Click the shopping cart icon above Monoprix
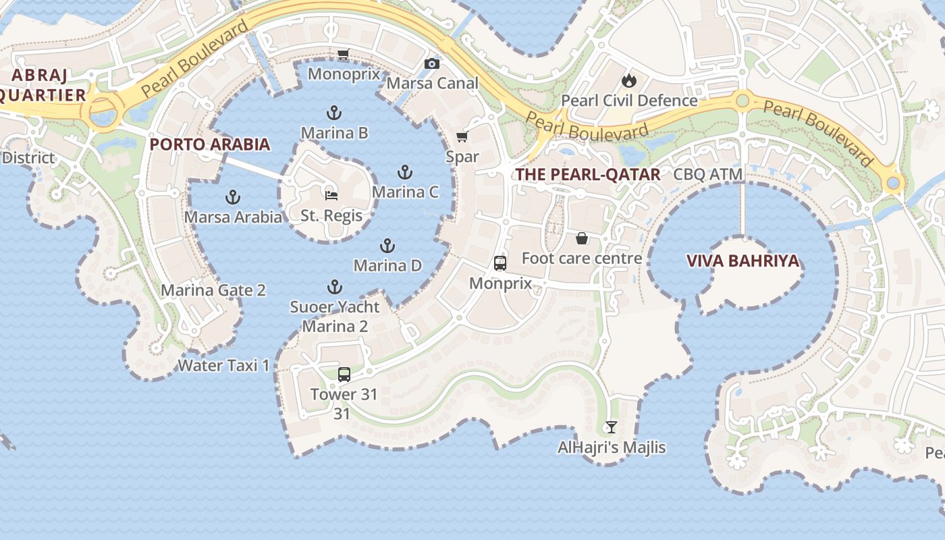[343, 54]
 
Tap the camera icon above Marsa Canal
[432, 63]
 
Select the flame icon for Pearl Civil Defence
[629, 80]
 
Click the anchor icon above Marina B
[334, 112]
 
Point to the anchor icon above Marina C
[405, 171]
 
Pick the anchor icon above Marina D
[387, 245]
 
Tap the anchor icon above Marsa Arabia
[233, 197]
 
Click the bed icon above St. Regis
[331, 195]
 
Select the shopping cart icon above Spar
[462, 137]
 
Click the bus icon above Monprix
[500, 263]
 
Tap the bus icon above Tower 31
[344, 374]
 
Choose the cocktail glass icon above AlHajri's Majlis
[612, 427]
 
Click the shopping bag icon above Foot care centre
[582, 238]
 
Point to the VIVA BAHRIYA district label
[742, 261]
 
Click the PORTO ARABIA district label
[210, 144]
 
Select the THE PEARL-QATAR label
[588, 174]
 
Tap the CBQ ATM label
[708, 174]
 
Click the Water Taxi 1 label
[223, 365]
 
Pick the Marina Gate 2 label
[213, 290]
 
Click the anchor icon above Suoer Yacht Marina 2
[335, 287]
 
